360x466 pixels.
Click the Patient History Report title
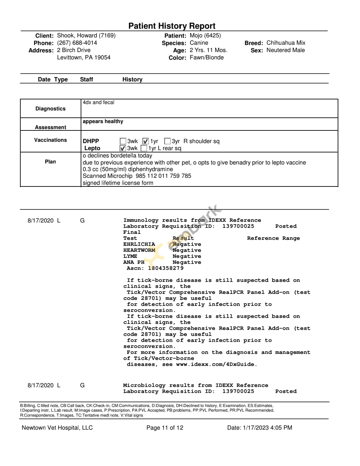pyautogui.click(x=172, y=26)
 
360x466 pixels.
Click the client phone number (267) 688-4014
pyautogui.click(x=77, y=43)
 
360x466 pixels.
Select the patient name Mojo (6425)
pyautogui.click(x=205, y=36)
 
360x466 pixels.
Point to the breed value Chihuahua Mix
pyautogui.click(x=286, y=43)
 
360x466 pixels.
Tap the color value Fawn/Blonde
pyautogui.click(x=207, y=58)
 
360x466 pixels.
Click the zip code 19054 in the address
pyautogui.click(x=102, y=58)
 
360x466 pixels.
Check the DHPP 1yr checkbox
pyautogui.click(x=146, y=141)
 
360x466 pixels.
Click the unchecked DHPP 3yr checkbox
pyautogui.click(x=168, y=141)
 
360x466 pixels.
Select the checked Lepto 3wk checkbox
pyautogui.click(x=123, y=148)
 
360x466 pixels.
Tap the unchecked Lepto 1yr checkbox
pyautogui.click(x=144, y=148)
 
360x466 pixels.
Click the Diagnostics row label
pyautogui.click(x=50, y=109)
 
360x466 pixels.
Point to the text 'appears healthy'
pyautogui.click(x=103, y=121)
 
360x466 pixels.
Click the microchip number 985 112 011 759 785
pyautogui.click(x=163, y=176)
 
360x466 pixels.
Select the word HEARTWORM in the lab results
pyautogui.click(x=139, y=250)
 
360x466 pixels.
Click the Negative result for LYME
pyautogui.click(x=187, y=256)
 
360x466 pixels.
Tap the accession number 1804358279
pyautogui.click(x=166, y=268)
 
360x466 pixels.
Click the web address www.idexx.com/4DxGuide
pyautogui.click(x=216, y=364)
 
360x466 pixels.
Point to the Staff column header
pyautogui.click(x=86, y=79)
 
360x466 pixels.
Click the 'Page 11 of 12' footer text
pyautogui.click(x=165, y=428)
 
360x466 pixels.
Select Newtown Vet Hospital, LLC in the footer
pyautogui.click(x=57, y=428)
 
